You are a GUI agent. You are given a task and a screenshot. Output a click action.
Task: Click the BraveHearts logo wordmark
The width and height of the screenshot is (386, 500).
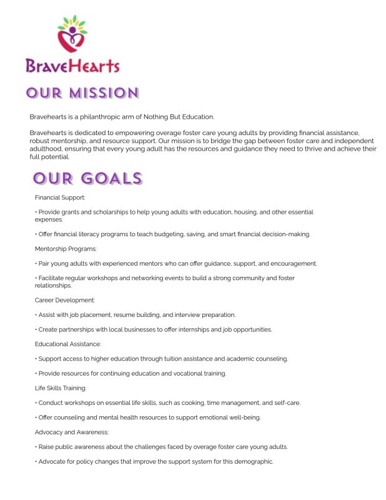[72, 65]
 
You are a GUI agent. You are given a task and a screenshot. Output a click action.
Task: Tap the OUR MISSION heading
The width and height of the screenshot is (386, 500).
[82, 94]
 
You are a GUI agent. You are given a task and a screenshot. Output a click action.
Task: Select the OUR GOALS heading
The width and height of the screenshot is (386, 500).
[88, 179]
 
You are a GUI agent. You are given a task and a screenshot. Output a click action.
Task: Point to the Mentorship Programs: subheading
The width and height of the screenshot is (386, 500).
[66, 249]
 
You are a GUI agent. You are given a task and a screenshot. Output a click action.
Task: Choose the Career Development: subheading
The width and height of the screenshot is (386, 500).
[65, 300]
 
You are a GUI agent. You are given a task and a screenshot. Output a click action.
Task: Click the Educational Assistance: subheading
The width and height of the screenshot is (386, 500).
[68, 344]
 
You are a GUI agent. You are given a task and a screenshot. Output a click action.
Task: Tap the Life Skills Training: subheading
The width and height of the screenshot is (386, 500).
[61, 388]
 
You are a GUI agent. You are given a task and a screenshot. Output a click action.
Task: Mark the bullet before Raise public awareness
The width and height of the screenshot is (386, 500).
[36, 447]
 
